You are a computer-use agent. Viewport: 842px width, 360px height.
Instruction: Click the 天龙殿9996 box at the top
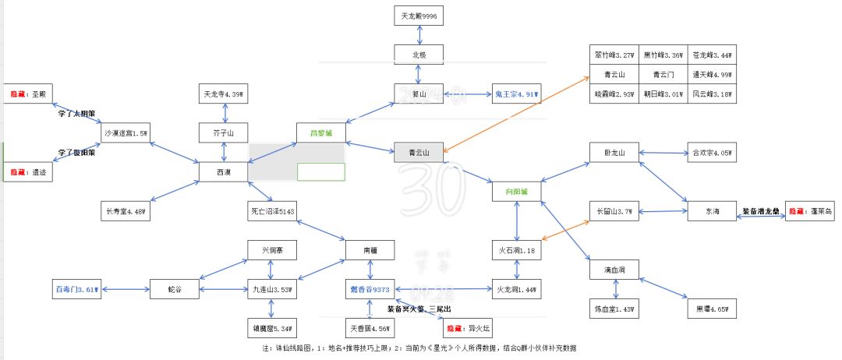point(419,15)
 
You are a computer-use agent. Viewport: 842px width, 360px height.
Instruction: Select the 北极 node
point(419,55)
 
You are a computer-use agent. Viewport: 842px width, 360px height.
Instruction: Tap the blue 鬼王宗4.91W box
point(516,94)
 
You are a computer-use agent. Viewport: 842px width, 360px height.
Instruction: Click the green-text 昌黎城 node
point(320,133)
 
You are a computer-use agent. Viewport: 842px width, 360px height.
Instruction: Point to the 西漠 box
point(223,171)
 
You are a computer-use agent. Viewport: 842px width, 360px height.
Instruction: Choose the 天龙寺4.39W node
point(223,94)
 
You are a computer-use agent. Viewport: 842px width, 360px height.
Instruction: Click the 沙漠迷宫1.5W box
point(126,133)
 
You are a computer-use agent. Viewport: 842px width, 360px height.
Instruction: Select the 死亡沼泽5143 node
point(272,211)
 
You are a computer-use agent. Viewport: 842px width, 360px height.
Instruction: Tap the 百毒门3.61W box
point(78,289)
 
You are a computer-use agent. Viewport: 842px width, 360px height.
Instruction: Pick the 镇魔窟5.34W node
point(272,328)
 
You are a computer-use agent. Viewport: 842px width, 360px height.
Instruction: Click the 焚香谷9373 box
point(370,289)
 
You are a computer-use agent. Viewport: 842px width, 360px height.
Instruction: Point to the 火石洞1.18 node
point(516,250)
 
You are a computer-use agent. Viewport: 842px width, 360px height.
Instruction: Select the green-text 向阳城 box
point(516,191)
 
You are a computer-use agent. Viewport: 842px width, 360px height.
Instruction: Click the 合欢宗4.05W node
point(710,153)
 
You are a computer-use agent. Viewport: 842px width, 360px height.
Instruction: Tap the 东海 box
point(710,211)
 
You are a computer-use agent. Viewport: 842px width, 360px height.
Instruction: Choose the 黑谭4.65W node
point(710,309)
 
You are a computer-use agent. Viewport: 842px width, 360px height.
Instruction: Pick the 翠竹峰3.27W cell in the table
point(614,55)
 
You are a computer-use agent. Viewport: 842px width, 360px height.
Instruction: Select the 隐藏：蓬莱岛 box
point(809,211)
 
